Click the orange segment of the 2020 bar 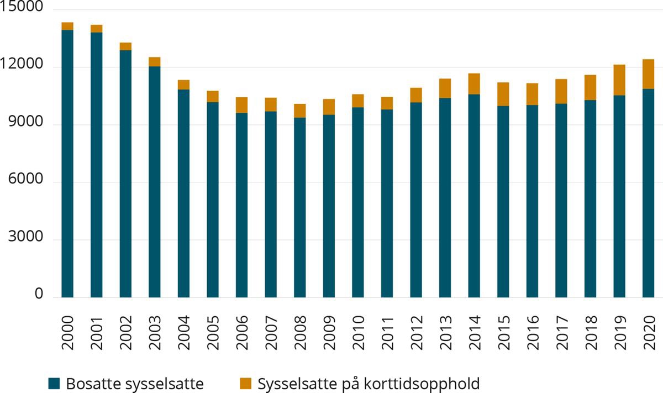tap(648, 74)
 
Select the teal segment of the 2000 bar tap(67, 166)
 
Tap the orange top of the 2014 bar tap(474, 84)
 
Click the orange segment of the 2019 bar tap(619, 80)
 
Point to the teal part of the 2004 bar tap(183, 193)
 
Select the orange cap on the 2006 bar tap(241, 105)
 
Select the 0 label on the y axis tap(39, 296)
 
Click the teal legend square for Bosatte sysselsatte tap(54, 383)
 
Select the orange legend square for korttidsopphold tap(245, 383)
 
